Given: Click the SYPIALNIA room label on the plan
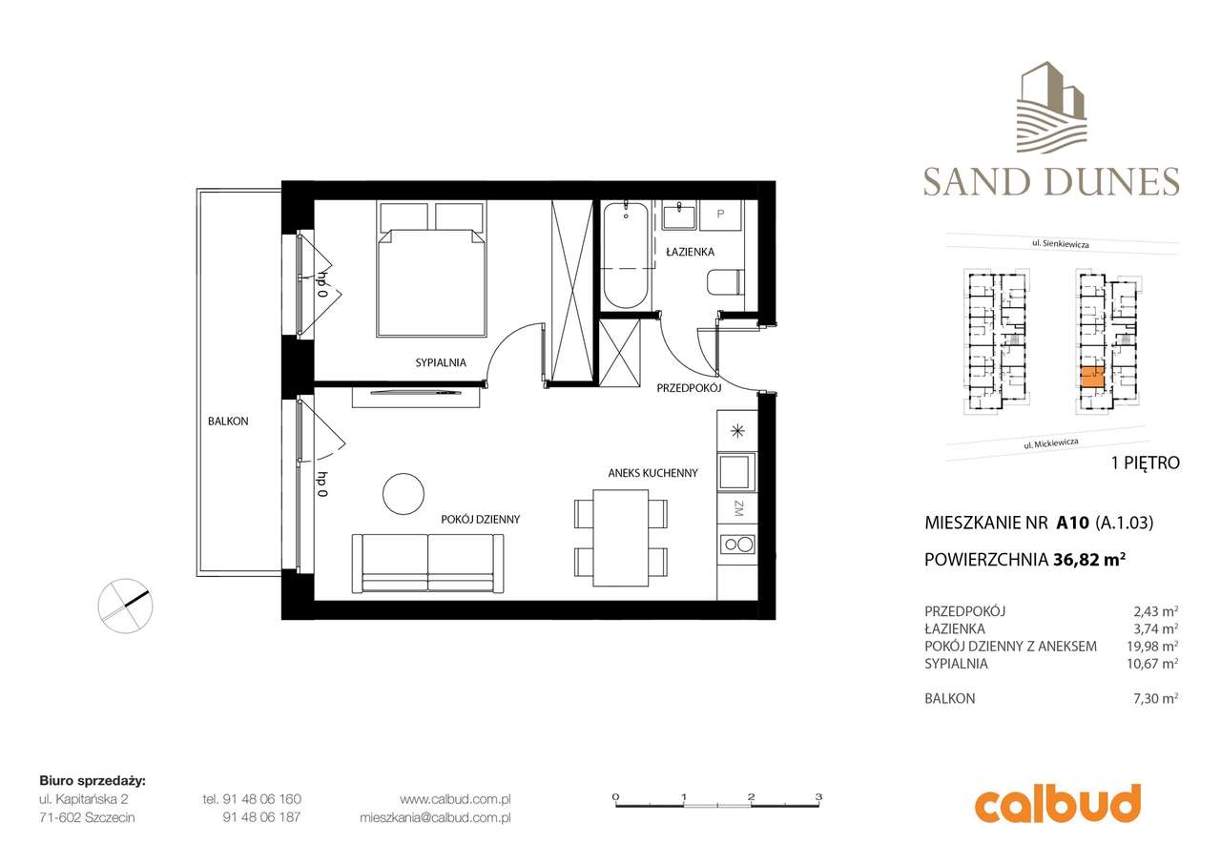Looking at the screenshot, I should click(x=440, y=362).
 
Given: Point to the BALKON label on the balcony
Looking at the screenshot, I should click(x=227, y=421).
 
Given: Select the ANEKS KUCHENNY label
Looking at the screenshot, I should click(x=653, y=473).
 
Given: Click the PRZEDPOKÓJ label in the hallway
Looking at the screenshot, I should click(x=688, y=389).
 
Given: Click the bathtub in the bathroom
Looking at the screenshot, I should click(x=628, y=253).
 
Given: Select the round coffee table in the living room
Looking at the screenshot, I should click(x=403, y=494).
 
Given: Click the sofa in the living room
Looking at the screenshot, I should click(x=427, y=563).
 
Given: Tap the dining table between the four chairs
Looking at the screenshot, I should click(x=621, y=538).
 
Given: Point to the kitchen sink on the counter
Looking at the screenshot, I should click(x=737, y=471).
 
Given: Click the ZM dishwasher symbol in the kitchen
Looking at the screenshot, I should click(x=737, y=509).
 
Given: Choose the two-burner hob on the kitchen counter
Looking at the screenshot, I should click(x=737, y=545).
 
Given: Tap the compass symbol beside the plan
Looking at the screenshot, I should click(x=125, y=605).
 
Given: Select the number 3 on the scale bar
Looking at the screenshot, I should click(x=818, y=795).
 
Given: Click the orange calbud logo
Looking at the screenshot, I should click(x=1057, y=804).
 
